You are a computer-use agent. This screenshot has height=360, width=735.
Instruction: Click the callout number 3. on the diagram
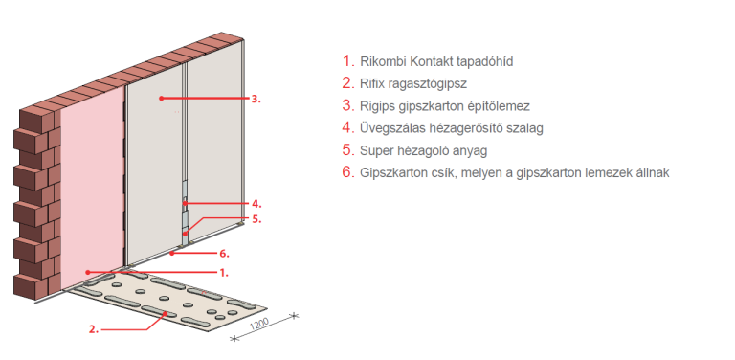pyautogui.click(x=256, y=99)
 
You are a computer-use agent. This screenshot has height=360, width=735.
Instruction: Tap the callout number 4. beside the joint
pyautogui.click(x=256, y=204)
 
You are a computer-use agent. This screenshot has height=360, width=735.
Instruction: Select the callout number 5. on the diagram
pyautogui.click(x=256, y=219)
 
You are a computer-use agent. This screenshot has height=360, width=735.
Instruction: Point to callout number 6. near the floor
pyautogui.click(x=224, y=254)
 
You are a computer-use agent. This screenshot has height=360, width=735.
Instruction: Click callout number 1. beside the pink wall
pyautogui.click(x=224, y=272)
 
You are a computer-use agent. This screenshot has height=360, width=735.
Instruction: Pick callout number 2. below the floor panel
pyautogui.click(x=94, y=329)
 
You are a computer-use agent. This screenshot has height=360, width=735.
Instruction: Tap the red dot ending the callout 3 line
pyautogui.click(x=161, y=99)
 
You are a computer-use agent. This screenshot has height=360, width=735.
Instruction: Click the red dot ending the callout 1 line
pyautogui.click(x=87, y=272)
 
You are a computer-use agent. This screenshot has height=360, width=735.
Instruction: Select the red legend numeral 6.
pyautogui.click(x=347, y=172)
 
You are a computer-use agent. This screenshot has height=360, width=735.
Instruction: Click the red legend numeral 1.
pyautogui.click(x=347, y=61)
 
